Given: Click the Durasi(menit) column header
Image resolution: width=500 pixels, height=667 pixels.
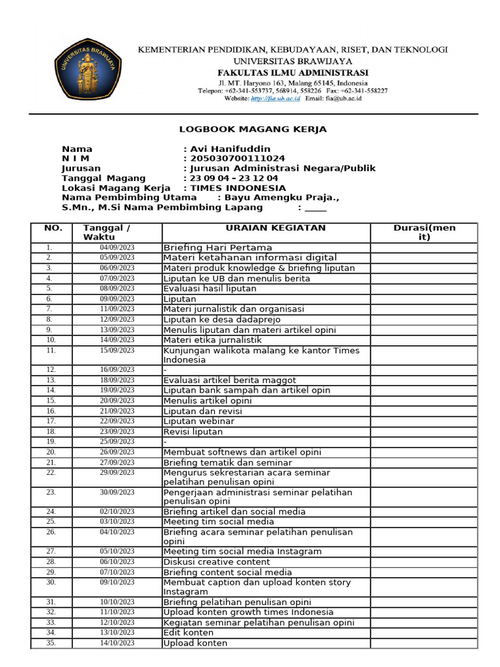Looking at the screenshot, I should point(424,233).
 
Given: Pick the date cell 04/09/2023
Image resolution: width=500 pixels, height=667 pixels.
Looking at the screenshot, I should point(117,248).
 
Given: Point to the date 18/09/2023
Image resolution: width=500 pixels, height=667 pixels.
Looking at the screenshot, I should point(117,380).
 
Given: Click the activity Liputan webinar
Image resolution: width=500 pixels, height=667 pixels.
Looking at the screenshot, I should point(199,421).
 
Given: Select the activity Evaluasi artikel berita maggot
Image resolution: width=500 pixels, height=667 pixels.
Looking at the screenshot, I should point(229,380).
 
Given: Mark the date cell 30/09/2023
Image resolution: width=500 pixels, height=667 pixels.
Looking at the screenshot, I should point(117,493).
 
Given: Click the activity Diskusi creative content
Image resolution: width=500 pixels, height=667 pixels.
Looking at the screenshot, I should point(216,561).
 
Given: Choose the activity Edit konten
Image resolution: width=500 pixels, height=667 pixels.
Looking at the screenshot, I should point(188,632).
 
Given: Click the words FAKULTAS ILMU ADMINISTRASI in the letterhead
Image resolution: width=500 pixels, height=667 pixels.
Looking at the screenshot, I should point(292,72).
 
